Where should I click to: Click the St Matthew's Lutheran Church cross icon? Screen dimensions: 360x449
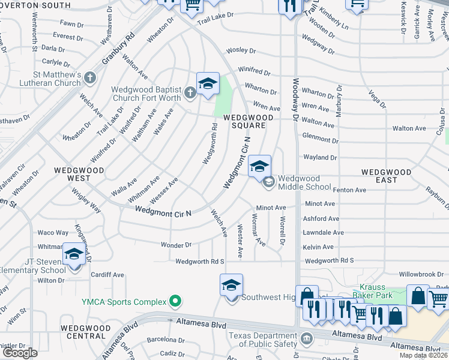tap(90, 77)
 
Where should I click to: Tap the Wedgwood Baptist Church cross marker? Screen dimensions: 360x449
tap(190, 92)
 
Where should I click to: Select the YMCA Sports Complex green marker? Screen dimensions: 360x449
tap(175, 300)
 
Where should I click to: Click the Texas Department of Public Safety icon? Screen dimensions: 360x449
tap(307, 338)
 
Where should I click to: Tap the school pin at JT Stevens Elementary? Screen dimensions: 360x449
tap(74, 256)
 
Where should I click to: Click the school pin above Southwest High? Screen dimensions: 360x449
tap(231, 285)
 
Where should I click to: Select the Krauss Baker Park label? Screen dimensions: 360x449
tap(384, 291)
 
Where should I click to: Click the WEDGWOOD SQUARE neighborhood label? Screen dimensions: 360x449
tap(245, 121)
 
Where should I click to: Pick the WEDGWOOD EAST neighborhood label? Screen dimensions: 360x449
tap(387, 176)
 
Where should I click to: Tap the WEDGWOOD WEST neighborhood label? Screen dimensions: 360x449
tap(79, 174)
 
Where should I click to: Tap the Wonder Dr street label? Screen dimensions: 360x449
tap(176, 245)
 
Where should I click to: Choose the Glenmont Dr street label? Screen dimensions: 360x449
tap(321, 139)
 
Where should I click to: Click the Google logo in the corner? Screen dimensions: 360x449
tap(20, 353)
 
